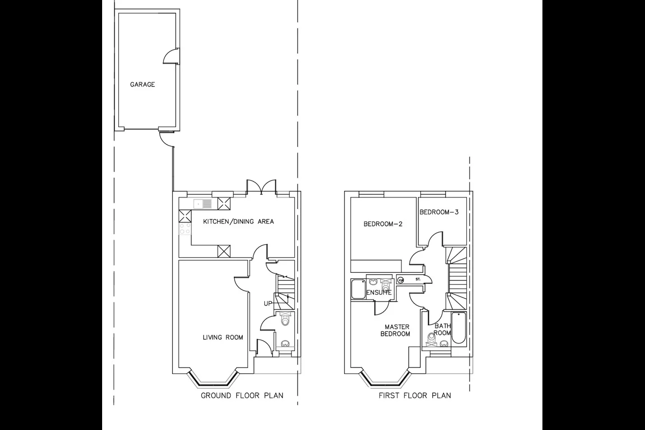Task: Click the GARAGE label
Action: [142, 84]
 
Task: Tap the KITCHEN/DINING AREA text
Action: [238, 221]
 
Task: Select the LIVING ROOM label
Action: [223, 337]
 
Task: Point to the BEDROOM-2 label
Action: [383, 224]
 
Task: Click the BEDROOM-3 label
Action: [439, 212]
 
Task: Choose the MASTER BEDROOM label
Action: [396, 331]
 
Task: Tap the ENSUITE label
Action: [379, 292]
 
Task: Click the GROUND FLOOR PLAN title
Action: [242, 396]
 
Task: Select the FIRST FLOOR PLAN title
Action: [415, 396]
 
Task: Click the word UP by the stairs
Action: [268, 304]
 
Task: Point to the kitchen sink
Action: [203, 204]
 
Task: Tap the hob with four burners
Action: [185, 229]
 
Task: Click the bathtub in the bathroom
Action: [458, 328]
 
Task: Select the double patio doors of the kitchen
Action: [261, 187]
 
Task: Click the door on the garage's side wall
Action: [172, 56]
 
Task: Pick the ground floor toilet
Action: [285, 318]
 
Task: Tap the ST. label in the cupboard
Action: [418, 279]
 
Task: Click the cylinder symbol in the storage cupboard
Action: [400, 279]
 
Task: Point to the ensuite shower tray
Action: [358, 289]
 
